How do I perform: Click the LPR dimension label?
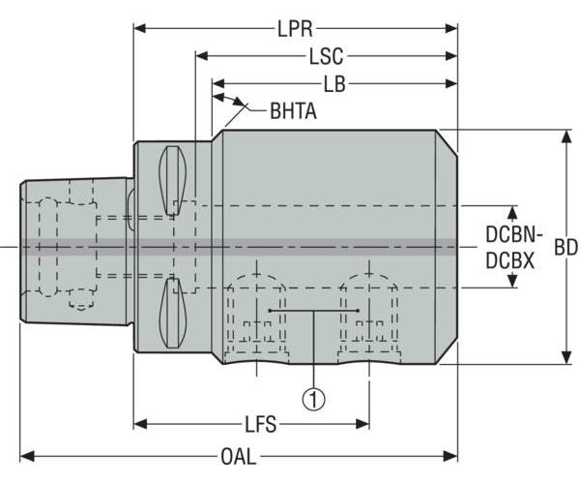tap(295, 29)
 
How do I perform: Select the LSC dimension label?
tap(327, 57)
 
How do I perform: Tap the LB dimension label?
tap(334, 84)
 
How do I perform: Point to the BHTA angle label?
tap(293, 110)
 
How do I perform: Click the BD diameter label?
tap(565, 247)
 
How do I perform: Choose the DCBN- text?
tap(514, 234)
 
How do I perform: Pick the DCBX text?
tap(510, 260)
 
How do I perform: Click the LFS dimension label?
tap(260, 424)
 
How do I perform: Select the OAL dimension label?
tap(238, 456)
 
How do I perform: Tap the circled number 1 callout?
tap(313, 399)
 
